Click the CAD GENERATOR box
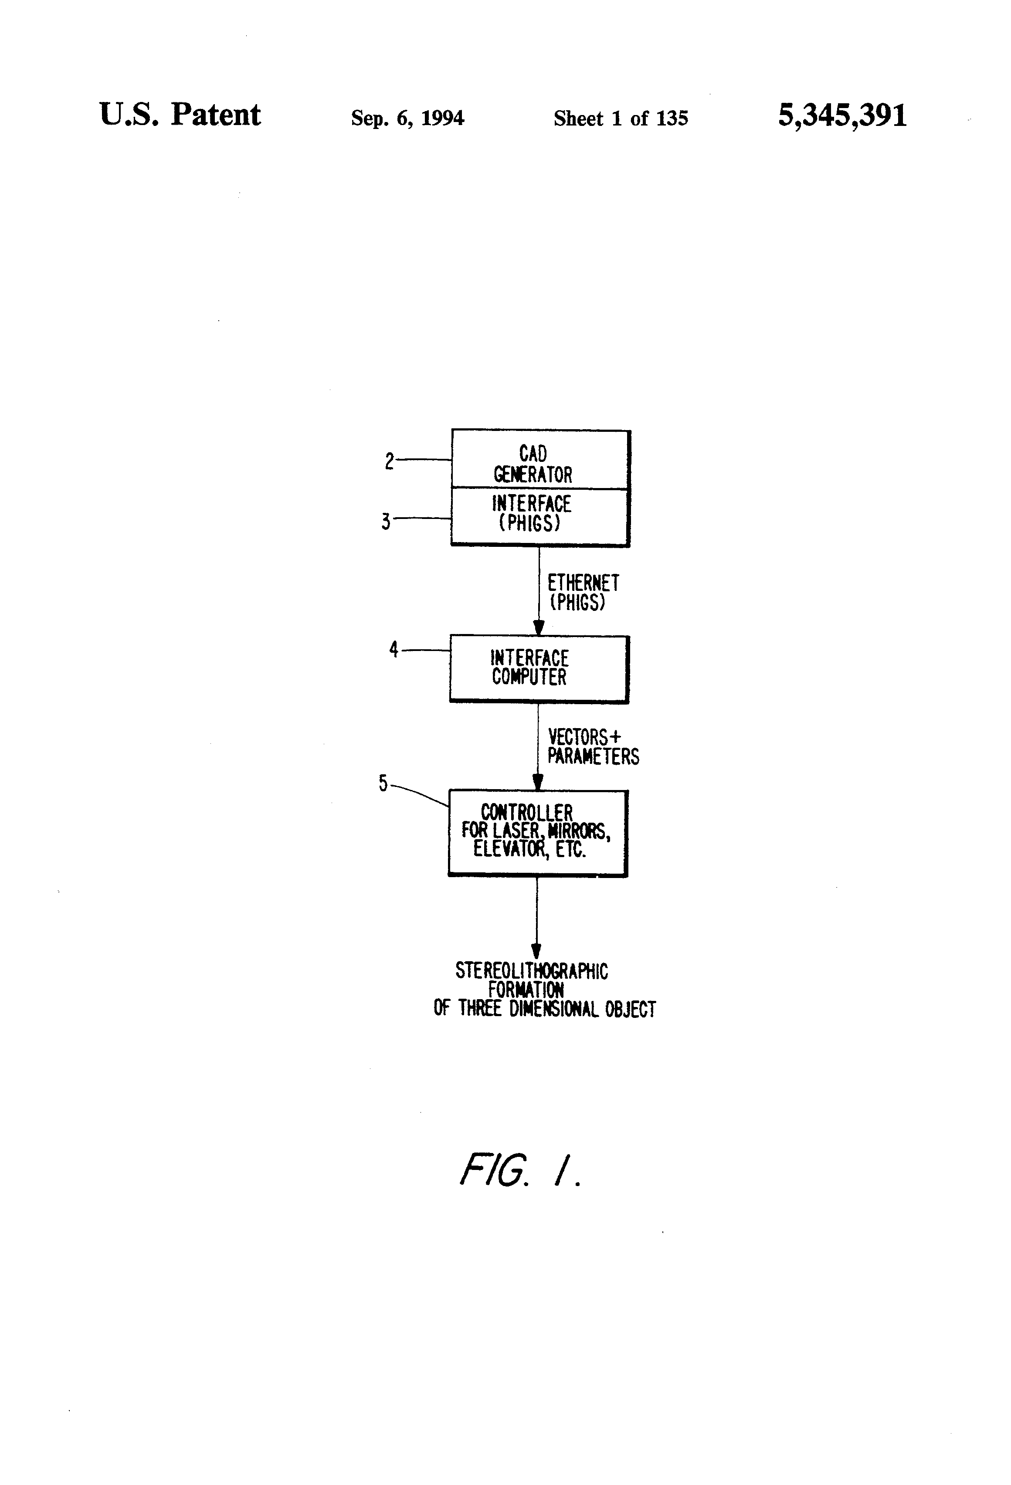[x=541, y=459]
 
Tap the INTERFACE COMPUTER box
[x=539, y=669]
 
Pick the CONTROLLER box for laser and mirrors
[x=538, y=833]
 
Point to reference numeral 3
[x=386, y=522]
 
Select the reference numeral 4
[x=394, y=650]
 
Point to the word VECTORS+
[x=584, y=737]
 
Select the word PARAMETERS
[x=593, y=756]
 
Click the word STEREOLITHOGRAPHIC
[x=532, y=971]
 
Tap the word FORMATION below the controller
[x=526, y=990]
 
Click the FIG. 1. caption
[x=520, y=1170]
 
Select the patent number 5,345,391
[x=842, y=115]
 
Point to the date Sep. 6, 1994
[x=408, y=118]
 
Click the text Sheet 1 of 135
[x=621, y=118]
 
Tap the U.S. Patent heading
[x=180, y=115]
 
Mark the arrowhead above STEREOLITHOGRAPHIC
[x=536, y=950]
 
